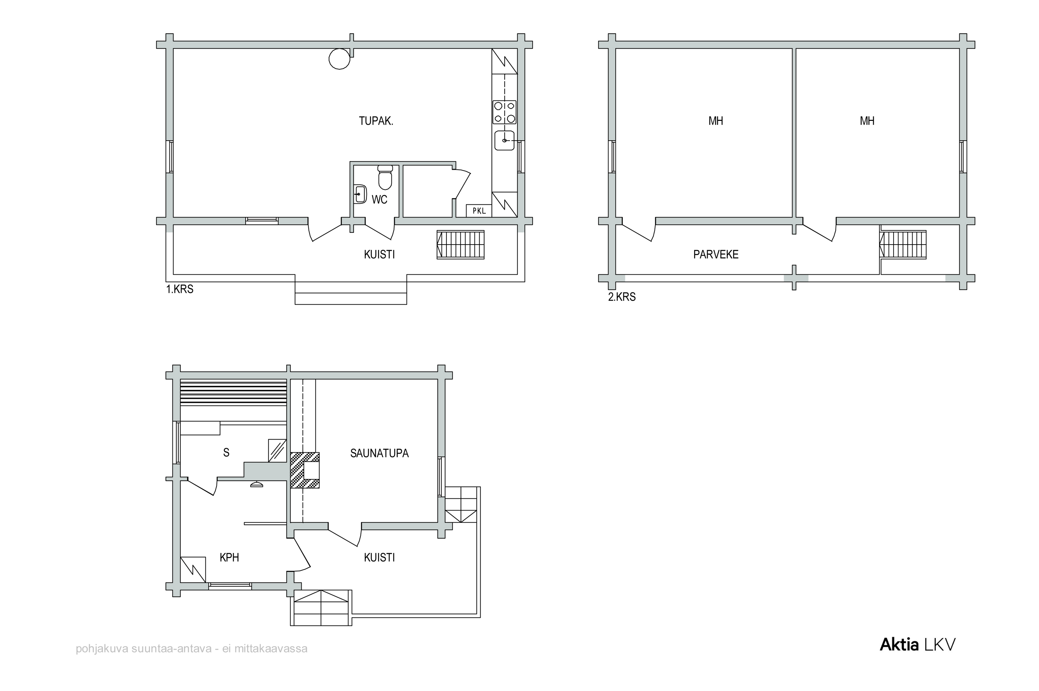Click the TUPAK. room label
point(375,121)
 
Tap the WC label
point(379,200)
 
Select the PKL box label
point(479,211)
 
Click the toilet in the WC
point(385,177)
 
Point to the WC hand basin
point(360,194)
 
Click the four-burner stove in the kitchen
point(504,112)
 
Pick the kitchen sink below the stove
point(504,140)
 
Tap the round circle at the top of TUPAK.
point(339,59)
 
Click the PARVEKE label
point(716,254)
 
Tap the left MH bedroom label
point(716,121)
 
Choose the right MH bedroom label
point(867,121)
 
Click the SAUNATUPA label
point(379,453)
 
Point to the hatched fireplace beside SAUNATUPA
point(304,470)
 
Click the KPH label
point(229,557)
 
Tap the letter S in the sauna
point(226,453)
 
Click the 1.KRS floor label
point(180,289)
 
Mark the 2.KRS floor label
point(622,297)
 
